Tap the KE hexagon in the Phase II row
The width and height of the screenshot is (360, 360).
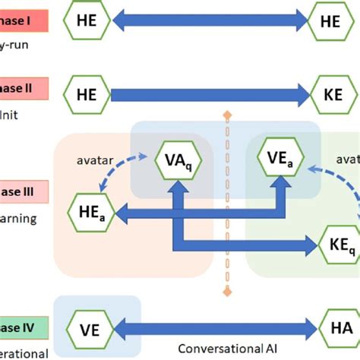click(x=330, y=95)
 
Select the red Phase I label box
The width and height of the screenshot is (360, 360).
click(x=23, y=21)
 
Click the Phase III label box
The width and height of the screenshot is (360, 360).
click(x=24, y=192)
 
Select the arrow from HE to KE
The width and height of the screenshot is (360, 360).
click(x=209, y=95)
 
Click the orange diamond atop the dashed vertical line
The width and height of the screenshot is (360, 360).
click(x=225, y=116)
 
